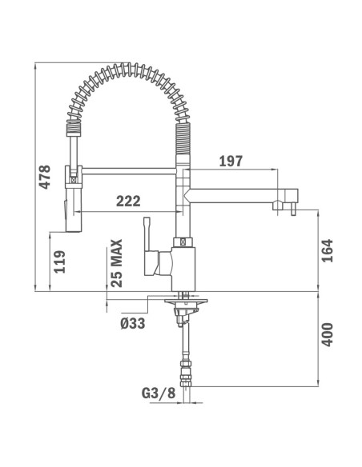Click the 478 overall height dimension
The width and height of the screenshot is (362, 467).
(46, 178)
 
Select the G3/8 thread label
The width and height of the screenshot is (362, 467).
(157, 393)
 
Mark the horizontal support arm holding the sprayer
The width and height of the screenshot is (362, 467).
(128, 169)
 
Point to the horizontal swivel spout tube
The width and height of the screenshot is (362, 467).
(232, 193)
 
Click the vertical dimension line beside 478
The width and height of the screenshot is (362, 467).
(36, 178)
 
